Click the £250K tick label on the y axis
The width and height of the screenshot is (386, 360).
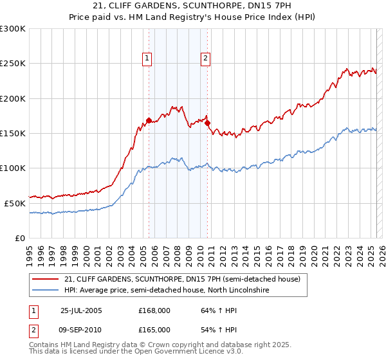pos(13,64)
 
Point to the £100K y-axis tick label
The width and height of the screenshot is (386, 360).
pos(13,168)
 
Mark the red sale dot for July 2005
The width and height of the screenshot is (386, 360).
pos(149,120)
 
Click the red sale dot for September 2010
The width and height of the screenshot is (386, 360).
pos(207,123)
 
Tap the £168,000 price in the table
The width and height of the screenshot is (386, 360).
pos(154,310)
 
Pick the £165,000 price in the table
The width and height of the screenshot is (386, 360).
pos(154,329)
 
